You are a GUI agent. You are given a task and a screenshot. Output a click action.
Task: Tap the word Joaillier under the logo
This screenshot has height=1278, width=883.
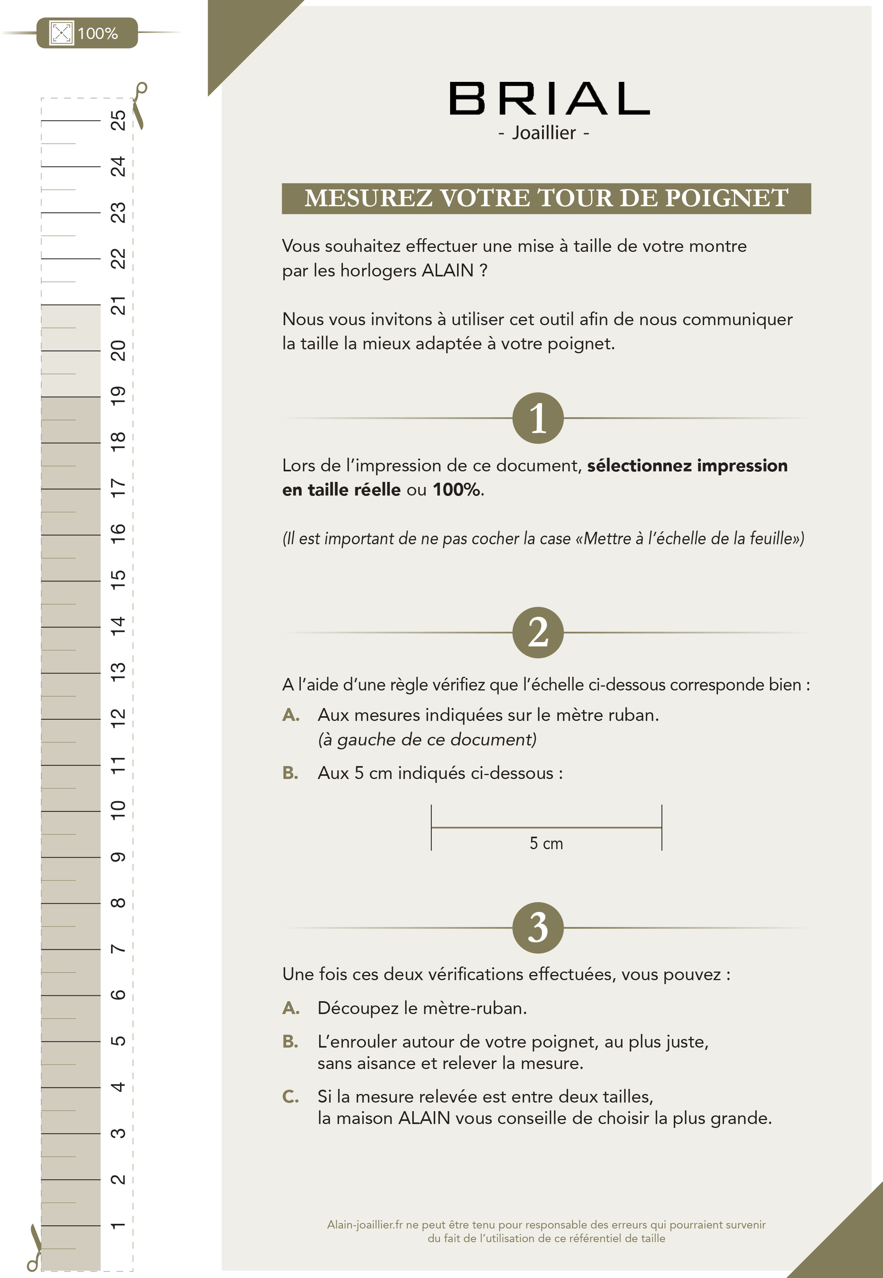click(544, 133)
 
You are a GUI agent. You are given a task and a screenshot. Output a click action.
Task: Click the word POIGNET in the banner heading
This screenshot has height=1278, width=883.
click(726, 198)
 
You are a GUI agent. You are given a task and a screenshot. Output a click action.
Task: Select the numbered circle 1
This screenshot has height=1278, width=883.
click(538, 418)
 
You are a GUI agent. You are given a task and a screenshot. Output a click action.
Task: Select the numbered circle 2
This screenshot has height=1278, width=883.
click(538, 632)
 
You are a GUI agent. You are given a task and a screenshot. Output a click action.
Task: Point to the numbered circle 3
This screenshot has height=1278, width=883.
click(538, 928)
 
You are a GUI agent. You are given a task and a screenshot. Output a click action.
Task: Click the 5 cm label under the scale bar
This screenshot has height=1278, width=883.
click(546, 844)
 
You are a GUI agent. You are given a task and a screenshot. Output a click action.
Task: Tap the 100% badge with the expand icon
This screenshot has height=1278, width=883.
click(87, 33)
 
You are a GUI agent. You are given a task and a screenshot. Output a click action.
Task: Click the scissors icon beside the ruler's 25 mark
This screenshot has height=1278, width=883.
click(140, 105)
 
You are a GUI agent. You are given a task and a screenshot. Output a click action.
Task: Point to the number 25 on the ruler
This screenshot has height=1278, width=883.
click(118, 120)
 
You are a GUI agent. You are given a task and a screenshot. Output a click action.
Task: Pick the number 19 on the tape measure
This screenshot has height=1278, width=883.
click(118, 396)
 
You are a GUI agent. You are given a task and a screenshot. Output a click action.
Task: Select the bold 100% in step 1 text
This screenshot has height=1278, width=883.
click(456, 490)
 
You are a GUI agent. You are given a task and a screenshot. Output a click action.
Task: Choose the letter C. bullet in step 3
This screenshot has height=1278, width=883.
click(290, 1096)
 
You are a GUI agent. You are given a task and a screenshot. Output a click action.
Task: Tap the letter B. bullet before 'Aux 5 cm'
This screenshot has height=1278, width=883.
click(290, 773)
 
